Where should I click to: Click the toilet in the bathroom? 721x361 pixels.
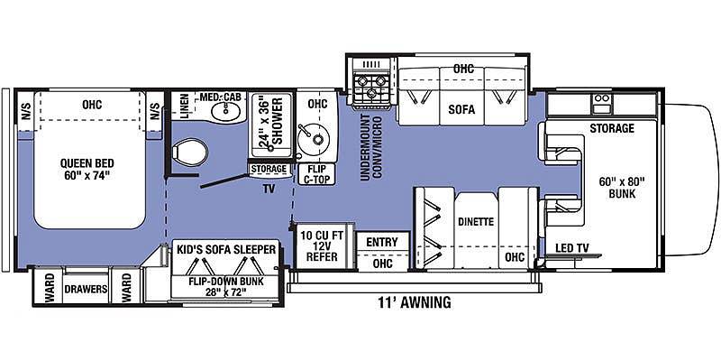pos(190,153)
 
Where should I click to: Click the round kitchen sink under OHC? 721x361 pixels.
pos(313,137)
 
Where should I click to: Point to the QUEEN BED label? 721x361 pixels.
pos(87,170)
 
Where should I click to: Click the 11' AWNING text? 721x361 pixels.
pos(415,303)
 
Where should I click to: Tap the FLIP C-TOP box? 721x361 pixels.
pos(317,174)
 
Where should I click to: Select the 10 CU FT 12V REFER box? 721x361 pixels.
pos(322,245)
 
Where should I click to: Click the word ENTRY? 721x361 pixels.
pos(382,242)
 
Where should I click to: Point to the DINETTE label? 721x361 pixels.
pos(476,222)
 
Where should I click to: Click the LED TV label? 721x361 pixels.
pos(571,249)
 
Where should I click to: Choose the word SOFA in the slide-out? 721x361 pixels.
pos(461,109)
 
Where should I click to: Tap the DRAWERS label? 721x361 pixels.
pos(86,289)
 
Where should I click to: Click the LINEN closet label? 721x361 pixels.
pos(184,106)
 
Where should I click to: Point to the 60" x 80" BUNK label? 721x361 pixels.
pos(622,188)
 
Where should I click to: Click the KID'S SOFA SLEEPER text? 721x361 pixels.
pos(226,250)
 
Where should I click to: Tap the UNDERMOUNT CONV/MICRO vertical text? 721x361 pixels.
pos(370,148)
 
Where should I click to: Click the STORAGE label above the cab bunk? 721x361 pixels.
pos(612,128)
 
